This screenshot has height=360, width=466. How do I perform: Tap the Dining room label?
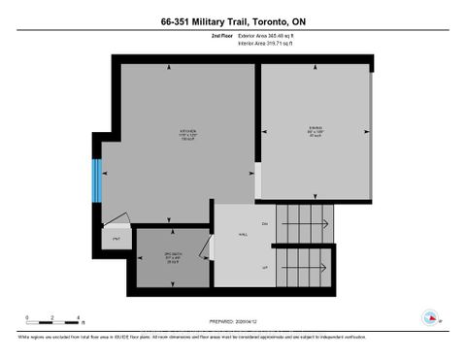pos(316,130)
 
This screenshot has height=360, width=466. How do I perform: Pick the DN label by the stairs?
pos(264,224)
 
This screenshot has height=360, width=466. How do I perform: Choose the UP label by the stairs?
pos(264,266)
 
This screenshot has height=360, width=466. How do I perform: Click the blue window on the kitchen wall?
pos(96,180)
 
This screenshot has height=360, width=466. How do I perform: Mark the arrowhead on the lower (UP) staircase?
pos(324,266)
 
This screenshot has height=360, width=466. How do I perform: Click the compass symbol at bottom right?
pos(430,315)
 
